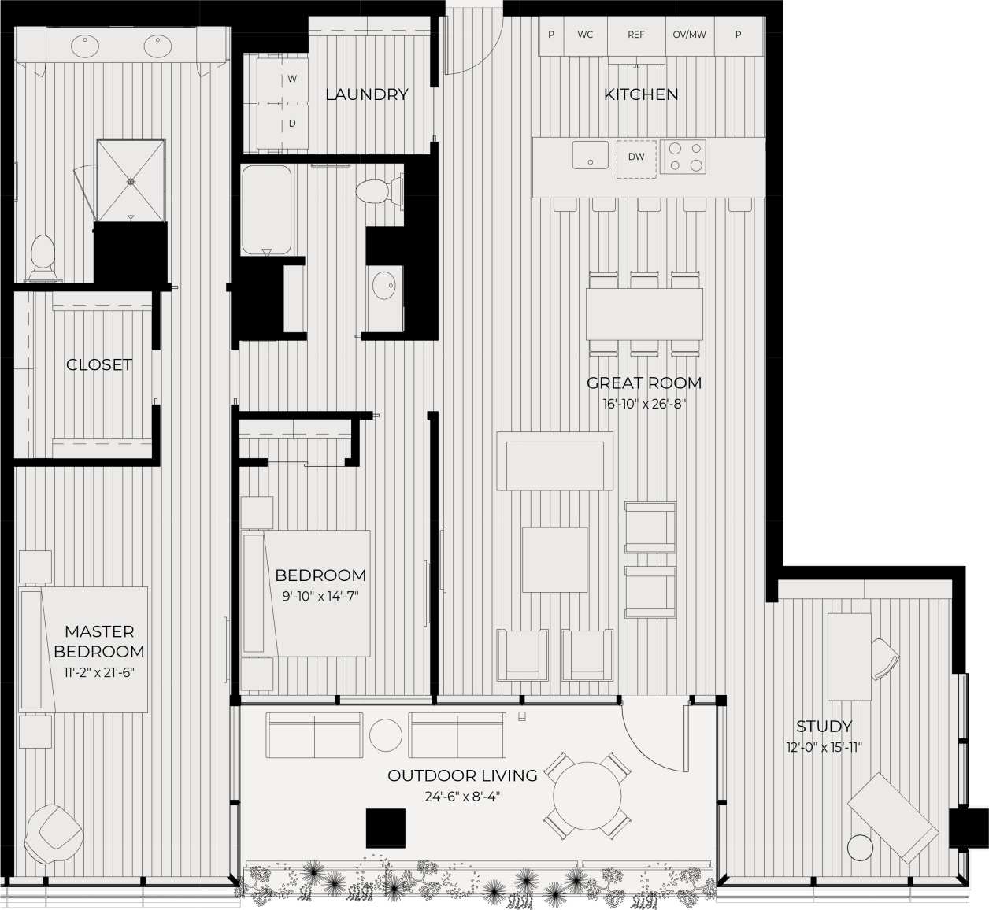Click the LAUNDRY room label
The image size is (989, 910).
(x=367, y=94)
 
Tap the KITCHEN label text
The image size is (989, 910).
(x=640, y=94)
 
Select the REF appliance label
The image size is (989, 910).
(x=636, y=35)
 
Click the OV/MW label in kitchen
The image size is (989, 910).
(x=689, y=35)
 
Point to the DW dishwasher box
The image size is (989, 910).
(x=636, y=157)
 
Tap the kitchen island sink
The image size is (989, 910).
(x=590, y=155)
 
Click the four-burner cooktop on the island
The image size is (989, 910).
(x=683, y=156)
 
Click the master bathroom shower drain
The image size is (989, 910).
(x=131, y=181)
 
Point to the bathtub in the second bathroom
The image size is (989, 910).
(x=266, y=209)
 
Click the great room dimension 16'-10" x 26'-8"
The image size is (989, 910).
(x=643, y=405)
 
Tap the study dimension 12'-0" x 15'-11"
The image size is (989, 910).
(x=824, y=747)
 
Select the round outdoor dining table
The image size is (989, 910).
(x=587, y=795)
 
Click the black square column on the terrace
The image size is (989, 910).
(x=386, y=827)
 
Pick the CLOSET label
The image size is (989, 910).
(x=99, y=364)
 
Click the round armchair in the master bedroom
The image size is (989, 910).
(x=54, y=833)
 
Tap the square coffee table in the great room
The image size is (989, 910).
(x=554, y=560)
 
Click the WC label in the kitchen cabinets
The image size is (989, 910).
(x=585, y=35)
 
